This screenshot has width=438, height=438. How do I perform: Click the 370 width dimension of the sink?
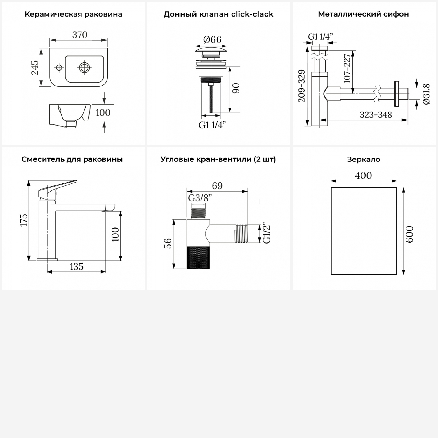click(x=79, y=35)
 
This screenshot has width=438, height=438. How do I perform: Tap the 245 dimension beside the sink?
click(x=35, y=67)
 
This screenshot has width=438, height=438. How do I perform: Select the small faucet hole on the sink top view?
click(x=59, y=68)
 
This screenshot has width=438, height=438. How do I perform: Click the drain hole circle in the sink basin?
click(x=84, y=68)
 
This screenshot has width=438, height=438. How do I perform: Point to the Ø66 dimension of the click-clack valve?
click(x=212, y=39)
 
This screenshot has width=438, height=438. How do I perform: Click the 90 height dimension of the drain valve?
click(x=236, y=88)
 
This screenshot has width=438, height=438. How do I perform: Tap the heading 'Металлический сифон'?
click(x=363, y=14)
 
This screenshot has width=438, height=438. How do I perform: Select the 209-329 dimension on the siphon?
click(x=302, y=86)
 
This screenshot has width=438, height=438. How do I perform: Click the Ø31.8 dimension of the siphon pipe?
click(x=426, y=94)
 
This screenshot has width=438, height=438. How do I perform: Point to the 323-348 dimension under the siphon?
click(x=376, y=115)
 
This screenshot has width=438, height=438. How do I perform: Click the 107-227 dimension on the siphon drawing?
click(x=347, y=68)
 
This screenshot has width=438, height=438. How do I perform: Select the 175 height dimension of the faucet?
click(x=24, y=220)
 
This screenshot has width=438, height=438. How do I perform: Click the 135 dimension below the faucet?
click(x=77, y=266)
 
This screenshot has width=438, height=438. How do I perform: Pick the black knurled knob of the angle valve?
click(x=199, y=257)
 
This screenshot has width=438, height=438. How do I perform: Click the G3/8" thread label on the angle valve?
click(x=200, y=198)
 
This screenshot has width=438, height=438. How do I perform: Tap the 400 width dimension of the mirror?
click(x=363, y=175)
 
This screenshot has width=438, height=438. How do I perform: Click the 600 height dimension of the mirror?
click(x=409, y=234)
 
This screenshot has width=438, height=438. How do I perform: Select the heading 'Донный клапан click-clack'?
click(x=218, y=14)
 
